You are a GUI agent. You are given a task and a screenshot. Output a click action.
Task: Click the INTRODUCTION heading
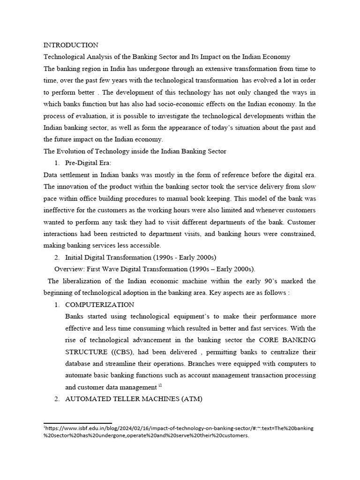click(71, 45)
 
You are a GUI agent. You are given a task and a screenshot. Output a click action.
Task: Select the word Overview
click(69, 269)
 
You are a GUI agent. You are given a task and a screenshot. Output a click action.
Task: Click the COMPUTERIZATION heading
click(99, 305)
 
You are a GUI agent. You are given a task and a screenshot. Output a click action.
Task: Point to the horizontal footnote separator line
click(78, 423)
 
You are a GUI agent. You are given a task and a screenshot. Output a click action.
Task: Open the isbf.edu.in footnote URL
click(178, 428)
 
